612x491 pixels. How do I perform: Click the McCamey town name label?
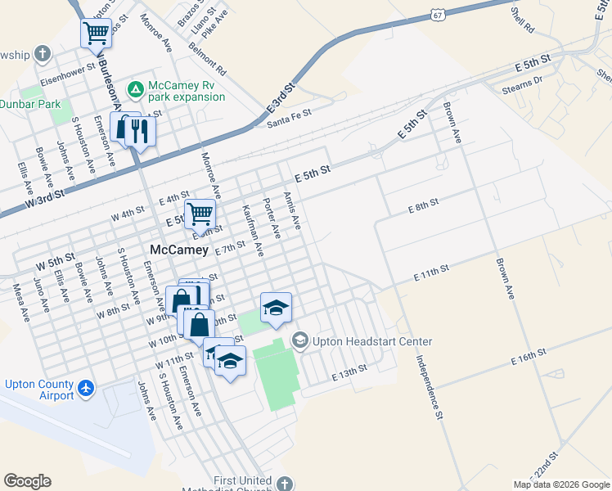(179, 249)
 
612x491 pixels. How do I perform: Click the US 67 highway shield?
(439, 16)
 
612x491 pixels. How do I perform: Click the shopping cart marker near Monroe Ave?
(200, 214)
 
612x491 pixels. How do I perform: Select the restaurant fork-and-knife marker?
(142, 131)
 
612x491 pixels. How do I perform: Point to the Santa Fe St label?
(290, 119)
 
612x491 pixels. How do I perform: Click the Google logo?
(27, 481)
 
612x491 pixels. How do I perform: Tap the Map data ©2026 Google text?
(560, 484)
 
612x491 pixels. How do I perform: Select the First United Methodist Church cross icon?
(285, 483)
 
